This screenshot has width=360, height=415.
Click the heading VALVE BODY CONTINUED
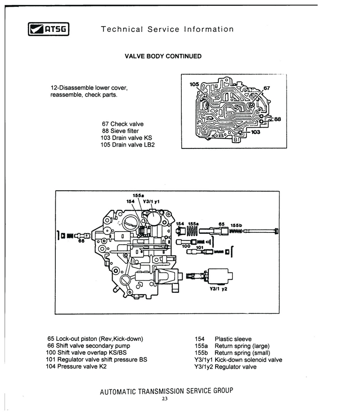pos(163,57)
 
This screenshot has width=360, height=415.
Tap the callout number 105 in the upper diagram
pos(194,85)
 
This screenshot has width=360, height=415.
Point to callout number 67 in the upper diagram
pos(266,88)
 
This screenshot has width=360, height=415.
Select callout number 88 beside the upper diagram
pos(278,119)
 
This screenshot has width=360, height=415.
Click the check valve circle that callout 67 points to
pos(252,105)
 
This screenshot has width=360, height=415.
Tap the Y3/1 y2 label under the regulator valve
pos(219,289)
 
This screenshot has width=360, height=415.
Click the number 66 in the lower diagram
pos(81,241)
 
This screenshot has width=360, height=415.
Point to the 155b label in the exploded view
pos(236,226)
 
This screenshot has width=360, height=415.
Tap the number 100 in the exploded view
pos(186,246)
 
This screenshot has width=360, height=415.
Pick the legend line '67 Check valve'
pos(123,124)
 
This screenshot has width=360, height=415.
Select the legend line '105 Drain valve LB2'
pos(128,145)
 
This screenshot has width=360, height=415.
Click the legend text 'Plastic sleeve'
pos(233,339)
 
